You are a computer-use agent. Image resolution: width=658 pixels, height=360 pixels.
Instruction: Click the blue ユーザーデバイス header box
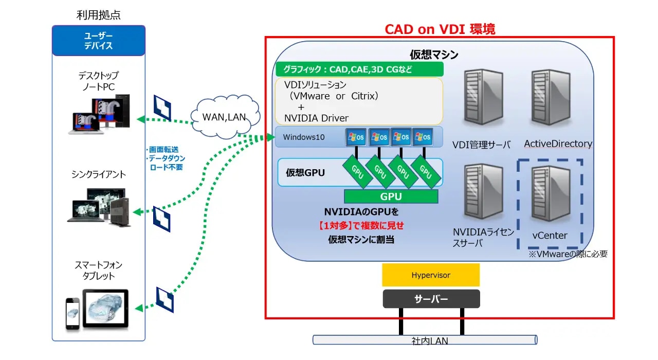[x=99, y=41]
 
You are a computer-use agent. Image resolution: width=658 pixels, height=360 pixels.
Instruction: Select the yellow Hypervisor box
[x=431, y=275]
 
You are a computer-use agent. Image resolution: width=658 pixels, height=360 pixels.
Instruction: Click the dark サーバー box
[x=431, y=299]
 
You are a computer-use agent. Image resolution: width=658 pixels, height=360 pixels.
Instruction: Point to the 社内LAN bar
[x=425, y=340]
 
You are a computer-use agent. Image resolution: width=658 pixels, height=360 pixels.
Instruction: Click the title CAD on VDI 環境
[x=440, y=29]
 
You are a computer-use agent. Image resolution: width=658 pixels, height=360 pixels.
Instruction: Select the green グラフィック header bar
[x=359, y=69]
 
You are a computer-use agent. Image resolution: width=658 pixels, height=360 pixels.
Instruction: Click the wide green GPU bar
[x=391, y=196]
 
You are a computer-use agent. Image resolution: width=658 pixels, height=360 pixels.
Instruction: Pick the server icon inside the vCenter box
[x=550, y=196]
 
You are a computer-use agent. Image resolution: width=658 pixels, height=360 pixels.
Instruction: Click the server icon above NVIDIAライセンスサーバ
[x=482, y=192]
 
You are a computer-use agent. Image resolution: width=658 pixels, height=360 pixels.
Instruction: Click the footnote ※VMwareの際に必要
[x=568, y=254]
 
